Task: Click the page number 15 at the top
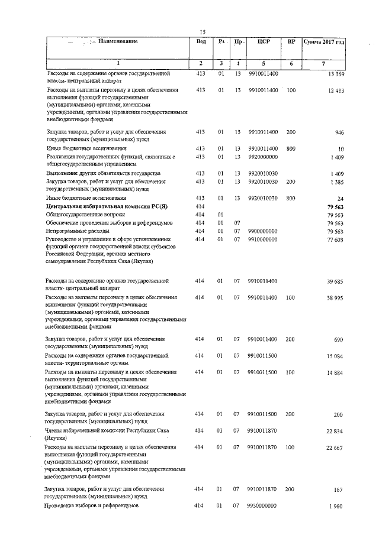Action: [x=203, y=32]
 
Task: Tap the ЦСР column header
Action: [x=264, y=42]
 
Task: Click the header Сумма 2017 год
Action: [x=323, y=42]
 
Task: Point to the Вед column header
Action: [x=201, y=41]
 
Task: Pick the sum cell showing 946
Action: [x=339, y=132]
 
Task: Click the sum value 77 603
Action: [x=335, y=239]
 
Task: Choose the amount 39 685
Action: [x=335, y=282]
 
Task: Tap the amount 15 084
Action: [x=335, y=356]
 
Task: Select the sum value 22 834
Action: [x=335, y=432]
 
